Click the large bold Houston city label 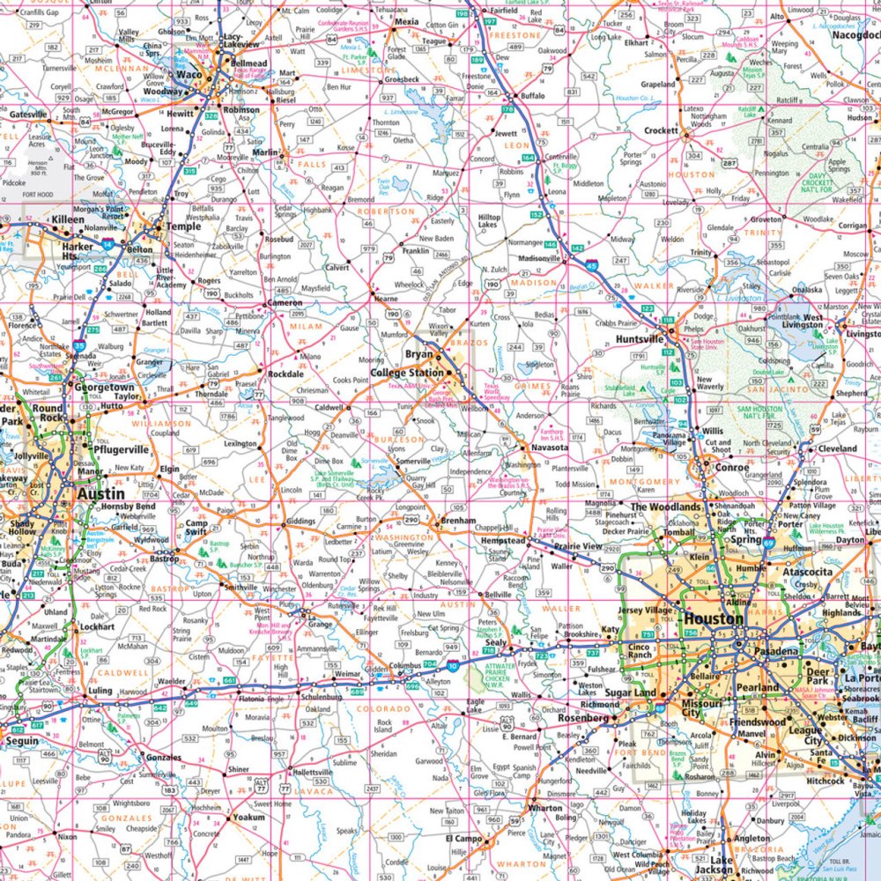pyautogui.click(x=713, y=619)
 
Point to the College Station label pyautogui.click(x=406, y=372)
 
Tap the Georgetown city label pyautogui.click(x=104, y=387)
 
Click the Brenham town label pyautogui.click(x=458, y=522)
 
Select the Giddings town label pyautogui.click(x=301, y=522)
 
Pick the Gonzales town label pyautogui.click(x=164, y=758)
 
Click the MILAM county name pyautogui.click(x=306, y=327)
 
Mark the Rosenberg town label pyautogui.click(x=582, y=718)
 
